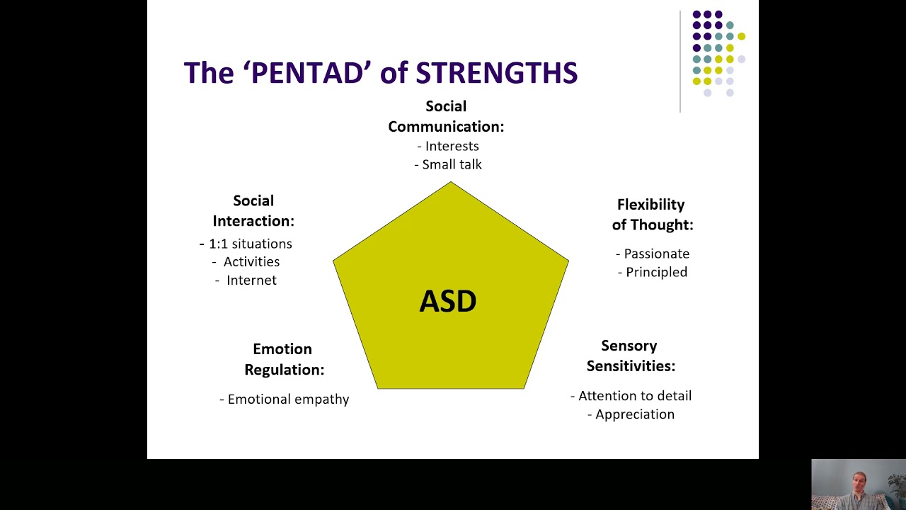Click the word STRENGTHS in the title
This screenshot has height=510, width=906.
(x=496, y=73)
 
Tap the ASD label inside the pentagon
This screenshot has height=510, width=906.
(x=447, y=302)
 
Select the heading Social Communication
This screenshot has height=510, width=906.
(x=446, y=117)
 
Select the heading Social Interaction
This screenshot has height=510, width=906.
(x=253, y=211)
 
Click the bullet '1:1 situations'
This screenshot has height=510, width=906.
(x=250, y=244)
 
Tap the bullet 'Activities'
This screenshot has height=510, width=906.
(x=251, y=262)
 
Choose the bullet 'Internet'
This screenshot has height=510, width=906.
(x=251, y=280)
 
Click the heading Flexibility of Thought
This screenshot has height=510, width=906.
(x=652, y=215)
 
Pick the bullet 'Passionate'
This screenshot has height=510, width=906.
(x=656, y=254)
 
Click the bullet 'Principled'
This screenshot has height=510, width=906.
(x=656, y=272)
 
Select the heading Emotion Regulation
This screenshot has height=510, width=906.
(x=284, y=359)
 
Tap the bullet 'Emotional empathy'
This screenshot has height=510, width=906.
(x=288, y=399)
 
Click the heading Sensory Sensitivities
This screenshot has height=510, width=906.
(x=631, y=356)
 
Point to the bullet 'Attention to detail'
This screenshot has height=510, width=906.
(x=634, y=396)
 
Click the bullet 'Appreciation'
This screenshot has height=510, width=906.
(x=634, y=414)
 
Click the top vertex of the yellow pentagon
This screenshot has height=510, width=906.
(x=451, y=183)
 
